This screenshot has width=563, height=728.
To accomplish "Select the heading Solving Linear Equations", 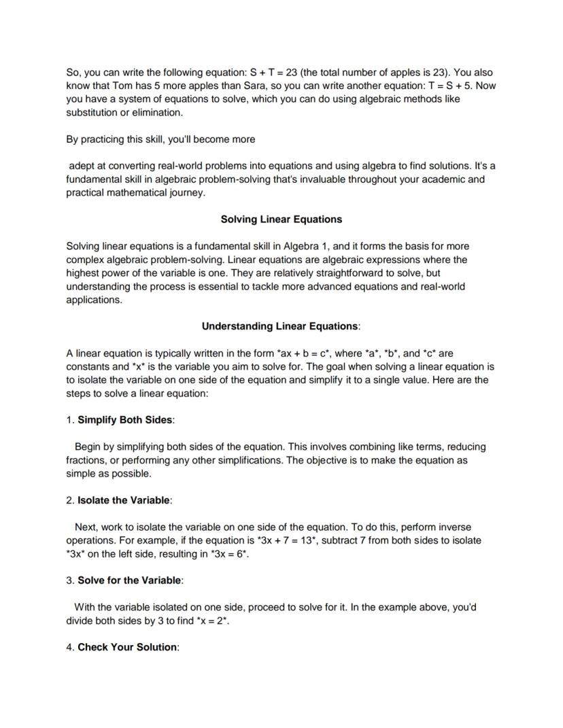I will click(x=281, y=220).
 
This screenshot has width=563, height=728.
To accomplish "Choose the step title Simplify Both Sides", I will click(x=125, y=420).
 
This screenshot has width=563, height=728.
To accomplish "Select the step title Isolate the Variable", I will click(x=124, y=500).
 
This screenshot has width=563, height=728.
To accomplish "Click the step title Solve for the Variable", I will click(x=129, y=580).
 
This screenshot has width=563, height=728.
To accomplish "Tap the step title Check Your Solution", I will click(x=127, y=647).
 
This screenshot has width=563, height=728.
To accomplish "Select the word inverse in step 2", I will click(x=454, y=527).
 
